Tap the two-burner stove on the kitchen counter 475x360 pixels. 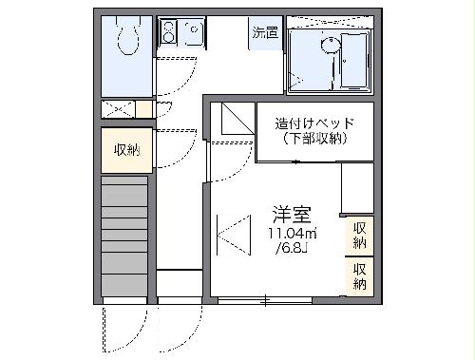168,33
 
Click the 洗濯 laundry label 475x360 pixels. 265,32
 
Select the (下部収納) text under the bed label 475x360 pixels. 314,139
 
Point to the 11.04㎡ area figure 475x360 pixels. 293,233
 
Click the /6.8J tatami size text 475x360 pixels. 291,250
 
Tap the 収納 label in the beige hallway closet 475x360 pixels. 126,149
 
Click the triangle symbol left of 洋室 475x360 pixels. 231,234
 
